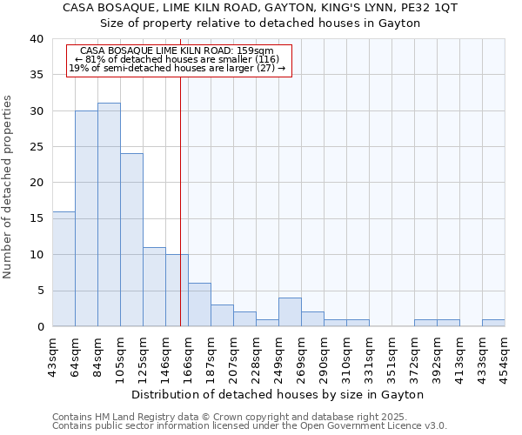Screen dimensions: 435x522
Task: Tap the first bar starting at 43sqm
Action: (64, 269)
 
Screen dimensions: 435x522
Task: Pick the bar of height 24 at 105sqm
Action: (131, 240)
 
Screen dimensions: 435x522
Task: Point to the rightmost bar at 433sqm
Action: (493, 323)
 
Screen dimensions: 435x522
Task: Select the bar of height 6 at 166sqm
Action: (199, 304)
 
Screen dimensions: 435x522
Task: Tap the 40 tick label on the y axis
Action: (36, 39)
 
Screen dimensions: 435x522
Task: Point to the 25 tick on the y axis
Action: (36, 147)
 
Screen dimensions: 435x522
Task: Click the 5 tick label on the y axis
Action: (39, 291)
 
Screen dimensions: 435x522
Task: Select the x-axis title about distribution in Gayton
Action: (278, 394)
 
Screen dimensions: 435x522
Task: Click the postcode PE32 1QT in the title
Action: (432, 8)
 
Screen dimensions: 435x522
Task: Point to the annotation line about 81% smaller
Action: (177, 59)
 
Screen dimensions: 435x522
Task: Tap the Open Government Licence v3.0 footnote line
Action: (250, 426)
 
